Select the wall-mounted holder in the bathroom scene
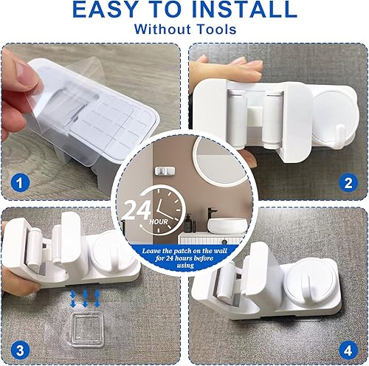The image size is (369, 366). [165, 152]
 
